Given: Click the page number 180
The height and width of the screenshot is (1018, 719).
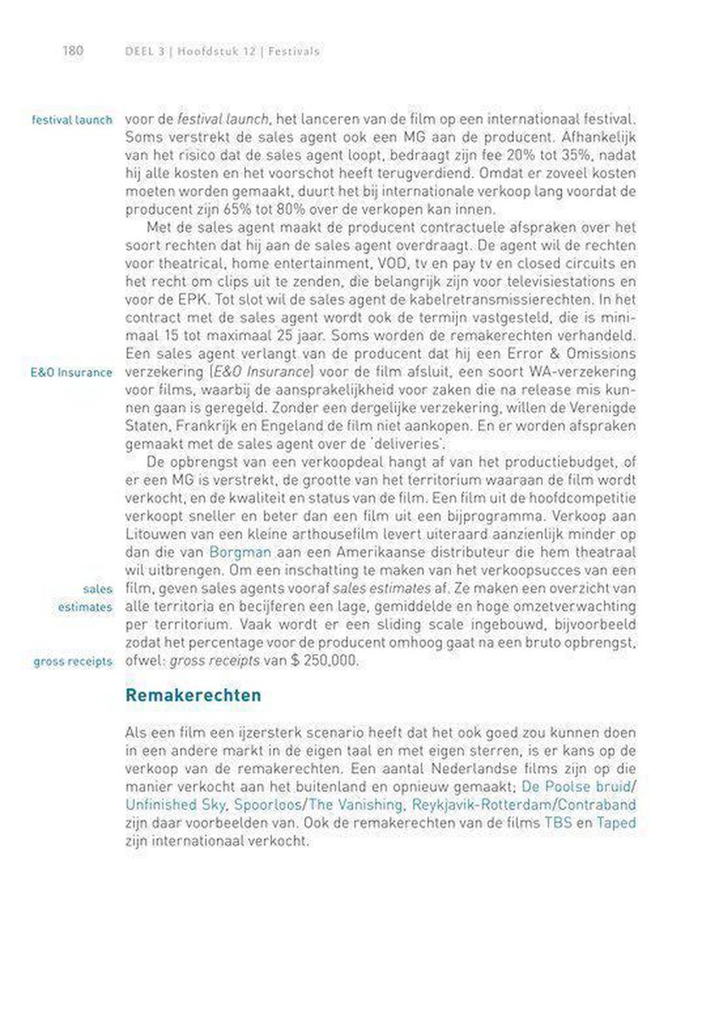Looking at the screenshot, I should click(72, 51).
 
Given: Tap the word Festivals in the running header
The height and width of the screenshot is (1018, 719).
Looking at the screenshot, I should click(293, 51).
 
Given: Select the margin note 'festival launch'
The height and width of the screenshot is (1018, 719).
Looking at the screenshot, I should click(71, 120).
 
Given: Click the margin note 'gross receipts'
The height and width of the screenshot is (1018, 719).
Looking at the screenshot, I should click(73, 661).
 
